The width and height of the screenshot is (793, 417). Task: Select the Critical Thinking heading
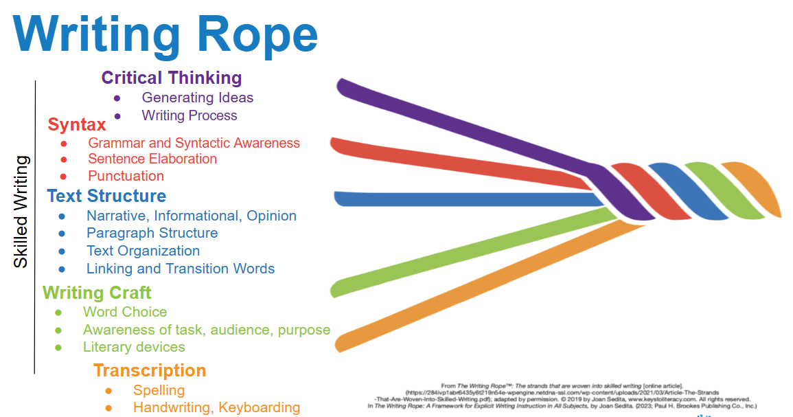click(172, 78)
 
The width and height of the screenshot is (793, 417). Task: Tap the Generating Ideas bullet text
click(198, 98)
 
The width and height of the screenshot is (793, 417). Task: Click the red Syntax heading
click(77, 124)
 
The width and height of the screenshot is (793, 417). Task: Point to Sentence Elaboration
click(152, 159)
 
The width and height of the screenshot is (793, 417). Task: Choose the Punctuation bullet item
click(126, 176)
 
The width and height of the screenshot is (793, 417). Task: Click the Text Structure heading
click(106, 196)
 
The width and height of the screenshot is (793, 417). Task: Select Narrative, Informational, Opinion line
click(192, 216)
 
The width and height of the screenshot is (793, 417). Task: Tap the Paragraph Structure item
click(152, 233)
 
